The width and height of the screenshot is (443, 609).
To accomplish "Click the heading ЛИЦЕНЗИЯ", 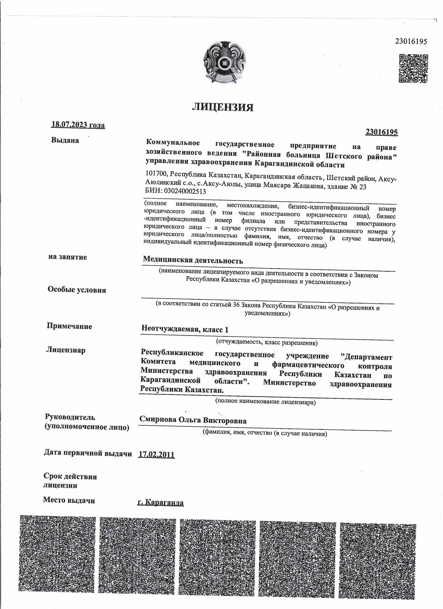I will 223,107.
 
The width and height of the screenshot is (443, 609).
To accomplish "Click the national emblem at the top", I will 224,62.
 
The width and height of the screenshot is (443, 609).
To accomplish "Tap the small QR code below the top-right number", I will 413,69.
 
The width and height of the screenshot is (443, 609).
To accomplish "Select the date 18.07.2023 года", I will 78,125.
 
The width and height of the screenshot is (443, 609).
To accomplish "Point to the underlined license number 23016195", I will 381,132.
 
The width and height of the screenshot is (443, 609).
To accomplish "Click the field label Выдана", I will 65,140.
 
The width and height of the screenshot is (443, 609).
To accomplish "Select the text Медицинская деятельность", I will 193,260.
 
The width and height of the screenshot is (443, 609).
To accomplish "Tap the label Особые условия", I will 77,290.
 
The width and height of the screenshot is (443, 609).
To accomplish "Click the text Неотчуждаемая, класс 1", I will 185,329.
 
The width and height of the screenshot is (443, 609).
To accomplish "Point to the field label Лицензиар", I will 66,350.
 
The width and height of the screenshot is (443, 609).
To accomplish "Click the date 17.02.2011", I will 156,455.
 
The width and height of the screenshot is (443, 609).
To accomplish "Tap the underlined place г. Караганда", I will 160,503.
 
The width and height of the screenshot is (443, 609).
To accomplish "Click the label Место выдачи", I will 69,500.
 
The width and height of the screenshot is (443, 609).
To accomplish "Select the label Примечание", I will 69,326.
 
